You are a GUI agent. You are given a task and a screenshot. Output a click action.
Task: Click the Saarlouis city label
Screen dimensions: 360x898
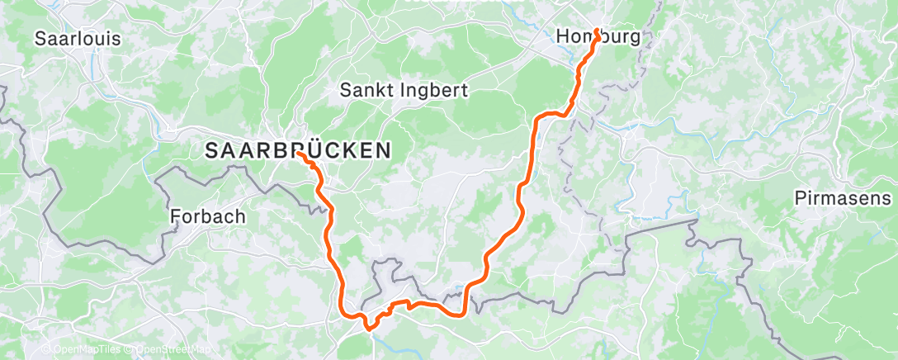[x=78, y=39]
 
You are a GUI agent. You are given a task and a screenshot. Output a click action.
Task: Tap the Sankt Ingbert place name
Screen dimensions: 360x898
[x=404, y=91]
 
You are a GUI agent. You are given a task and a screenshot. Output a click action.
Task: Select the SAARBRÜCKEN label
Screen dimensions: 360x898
[x=297, y=150]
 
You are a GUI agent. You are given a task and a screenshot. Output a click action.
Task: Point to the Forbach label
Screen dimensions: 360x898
[x=207, y=217]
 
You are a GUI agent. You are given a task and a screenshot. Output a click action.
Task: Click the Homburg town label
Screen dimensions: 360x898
[x=598, y=37]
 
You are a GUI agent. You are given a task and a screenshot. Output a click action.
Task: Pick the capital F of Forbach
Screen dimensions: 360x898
[x=175, y=217]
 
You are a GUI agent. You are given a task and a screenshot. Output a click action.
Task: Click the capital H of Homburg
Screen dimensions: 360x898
[x=563, y=37]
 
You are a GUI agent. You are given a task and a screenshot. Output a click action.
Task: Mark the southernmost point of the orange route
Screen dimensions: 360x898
[x=368, y=335]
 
